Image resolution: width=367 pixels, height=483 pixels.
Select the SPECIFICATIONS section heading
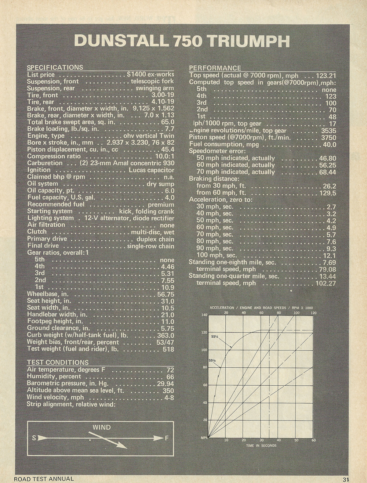point(55,67)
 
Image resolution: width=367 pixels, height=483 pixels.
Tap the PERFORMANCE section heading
point(215,68)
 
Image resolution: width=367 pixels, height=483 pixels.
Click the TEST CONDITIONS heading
point(58,362)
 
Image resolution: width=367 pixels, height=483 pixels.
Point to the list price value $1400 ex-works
point(150,75)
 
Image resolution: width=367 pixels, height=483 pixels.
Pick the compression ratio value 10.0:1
point(165,156)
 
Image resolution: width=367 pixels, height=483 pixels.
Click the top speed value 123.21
point(326,76)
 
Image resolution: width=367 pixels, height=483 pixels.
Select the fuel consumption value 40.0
point(329,144)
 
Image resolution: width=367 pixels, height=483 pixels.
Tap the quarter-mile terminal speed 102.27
point(326,283)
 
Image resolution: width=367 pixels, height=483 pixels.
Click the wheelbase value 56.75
point(166,294)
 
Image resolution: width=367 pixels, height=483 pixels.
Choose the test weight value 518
point(168,349)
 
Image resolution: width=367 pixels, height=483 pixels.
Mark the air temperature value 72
point(170,370)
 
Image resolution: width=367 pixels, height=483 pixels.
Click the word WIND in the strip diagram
point(102,427)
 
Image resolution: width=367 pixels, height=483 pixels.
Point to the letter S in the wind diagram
point(34,438)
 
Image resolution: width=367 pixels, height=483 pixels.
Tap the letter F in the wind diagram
point(167,438)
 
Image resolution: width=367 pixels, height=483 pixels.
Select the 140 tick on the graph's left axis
point(204,315)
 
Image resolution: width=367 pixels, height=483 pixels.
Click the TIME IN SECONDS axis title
point(261,446)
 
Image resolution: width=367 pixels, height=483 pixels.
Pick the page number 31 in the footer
point(345,479)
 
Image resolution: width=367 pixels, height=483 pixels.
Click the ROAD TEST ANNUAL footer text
point(44,479)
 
